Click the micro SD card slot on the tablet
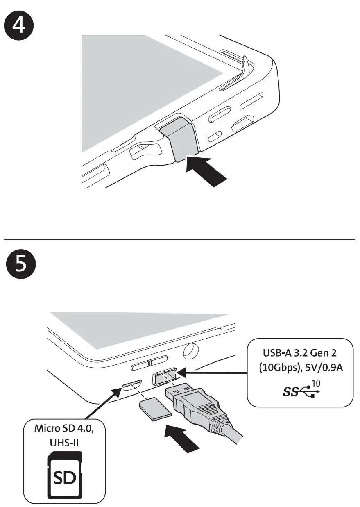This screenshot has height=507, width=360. point(131,385)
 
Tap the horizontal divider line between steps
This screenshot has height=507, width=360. point(180,239)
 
